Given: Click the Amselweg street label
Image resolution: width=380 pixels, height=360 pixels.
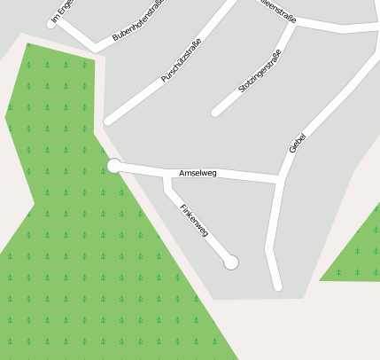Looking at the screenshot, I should pos(198,173).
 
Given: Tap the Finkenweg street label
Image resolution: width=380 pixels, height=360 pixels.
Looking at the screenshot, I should pos(194,220).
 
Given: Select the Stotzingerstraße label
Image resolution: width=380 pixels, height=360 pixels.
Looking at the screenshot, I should pos(260,73).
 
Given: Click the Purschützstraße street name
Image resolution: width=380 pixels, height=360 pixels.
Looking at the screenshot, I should pos(182,60).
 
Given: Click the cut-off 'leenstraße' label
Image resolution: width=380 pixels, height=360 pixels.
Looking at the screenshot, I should pos(275,10).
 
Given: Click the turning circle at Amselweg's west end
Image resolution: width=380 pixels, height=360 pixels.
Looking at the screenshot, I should pos(114,165).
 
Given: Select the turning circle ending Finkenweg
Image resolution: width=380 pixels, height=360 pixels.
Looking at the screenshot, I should pos(231,262).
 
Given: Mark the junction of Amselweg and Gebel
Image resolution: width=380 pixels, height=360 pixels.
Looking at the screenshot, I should pos(281,181).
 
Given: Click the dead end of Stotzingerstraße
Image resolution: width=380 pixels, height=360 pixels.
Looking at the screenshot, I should pos(214,113).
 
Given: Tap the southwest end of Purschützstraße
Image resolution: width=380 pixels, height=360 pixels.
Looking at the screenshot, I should pos(108,121).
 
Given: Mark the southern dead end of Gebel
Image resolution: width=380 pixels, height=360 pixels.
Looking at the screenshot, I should pos(278,286).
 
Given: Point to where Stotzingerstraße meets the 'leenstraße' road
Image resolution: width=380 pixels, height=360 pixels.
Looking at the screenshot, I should pos(293,23).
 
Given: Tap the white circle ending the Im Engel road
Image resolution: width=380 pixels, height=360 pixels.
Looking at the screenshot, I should pos(50,24).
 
